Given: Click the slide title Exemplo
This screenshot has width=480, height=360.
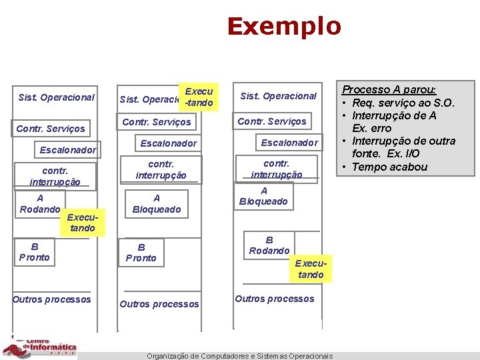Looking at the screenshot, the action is point(284,27).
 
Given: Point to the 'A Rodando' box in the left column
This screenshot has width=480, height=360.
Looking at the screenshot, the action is point(40,204).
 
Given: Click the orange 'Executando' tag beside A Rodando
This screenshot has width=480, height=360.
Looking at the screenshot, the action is point(82,223).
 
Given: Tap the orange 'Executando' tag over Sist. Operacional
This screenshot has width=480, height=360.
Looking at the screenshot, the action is point(199,97).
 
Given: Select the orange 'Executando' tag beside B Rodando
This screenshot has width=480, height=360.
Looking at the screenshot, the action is point(311,269).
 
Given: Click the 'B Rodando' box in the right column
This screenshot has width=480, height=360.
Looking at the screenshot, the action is point(269,245).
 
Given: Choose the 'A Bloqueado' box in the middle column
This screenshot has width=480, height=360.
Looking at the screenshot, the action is point(157,203).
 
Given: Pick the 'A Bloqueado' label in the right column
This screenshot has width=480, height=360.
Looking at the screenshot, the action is point(264,196).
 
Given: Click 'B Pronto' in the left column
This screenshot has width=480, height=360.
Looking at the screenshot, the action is point(34,251).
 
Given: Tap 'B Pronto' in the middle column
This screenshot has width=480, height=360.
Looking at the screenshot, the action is point(141,253).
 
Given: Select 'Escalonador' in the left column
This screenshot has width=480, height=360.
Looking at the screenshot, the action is point(67,150).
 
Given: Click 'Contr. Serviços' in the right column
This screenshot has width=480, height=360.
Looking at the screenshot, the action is point(272,121).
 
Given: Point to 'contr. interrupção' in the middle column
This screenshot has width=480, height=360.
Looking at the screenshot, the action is point(161,169).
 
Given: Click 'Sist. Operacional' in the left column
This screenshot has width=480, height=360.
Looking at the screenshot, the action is point(56,97).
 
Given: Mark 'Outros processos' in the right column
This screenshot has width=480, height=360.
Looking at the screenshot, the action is point(274,299).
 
